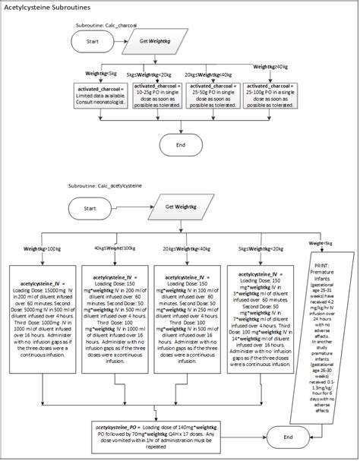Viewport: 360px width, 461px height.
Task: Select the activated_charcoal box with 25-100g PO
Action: [270, 96]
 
